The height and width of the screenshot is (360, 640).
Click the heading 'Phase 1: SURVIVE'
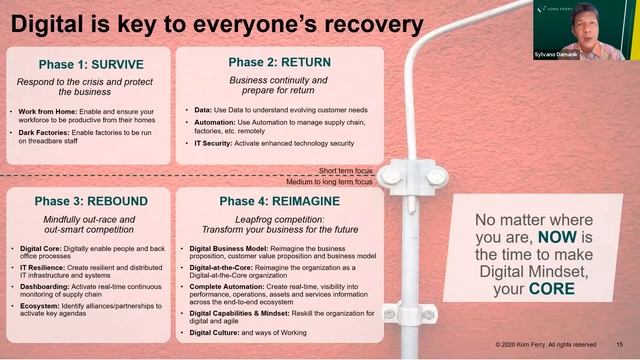coord(90,64)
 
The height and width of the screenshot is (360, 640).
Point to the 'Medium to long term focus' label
coord(330,182)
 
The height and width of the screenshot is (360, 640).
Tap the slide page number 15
coord(619,345)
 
